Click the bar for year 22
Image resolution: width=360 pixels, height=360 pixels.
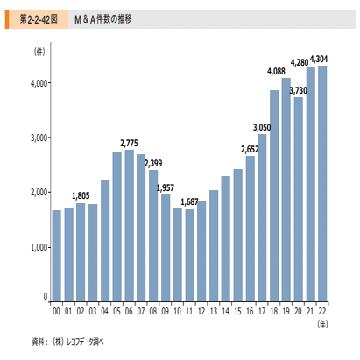322,183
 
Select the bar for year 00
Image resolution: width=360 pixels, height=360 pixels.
57,256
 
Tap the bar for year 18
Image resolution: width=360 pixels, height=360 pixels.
274,195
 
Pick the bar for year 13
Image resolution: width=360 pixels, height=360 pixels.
214,245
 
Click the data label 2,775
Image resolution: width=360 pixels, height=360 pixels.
129,144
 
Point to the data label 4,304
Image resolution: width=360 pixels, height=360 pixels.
319,60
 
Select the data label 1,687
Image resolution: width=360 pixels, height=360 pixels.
189,201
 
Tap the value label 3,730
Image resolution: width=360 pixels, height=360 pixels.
298,91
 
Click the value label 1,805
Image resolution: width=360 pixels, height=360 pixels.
81,195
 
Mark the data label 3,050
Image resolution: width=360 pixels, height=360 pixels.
262,128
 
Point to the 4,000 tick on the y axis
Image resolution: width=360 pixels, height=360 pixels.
39,83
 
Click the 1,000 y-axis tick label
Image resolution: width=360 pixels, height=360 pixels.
39,248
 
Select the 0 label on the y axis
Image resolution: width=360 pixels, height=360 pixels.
46,297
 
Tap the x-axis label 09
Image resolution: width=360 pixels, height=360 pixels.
166,312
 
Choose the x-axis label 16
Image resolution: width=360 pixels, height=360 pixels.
250,312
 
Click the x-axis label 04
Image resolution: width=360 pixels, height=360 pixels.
105,312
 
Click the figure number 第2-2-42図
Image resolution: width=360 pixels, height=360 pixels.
39,19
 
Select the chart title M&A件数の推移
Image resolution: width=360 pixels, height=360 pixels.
103,19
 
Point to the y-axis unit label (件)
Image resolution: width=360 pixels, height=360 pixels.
39,52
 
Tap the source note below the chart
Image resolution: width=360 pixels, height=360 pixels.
67,342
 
